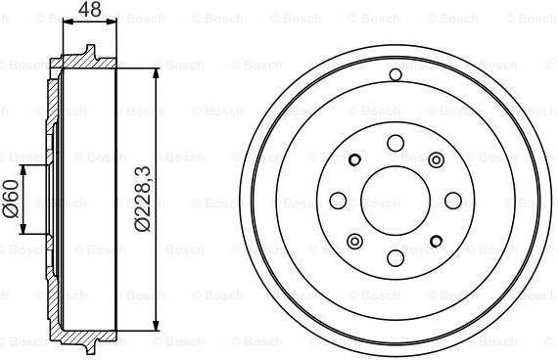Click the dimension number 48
point(90,10)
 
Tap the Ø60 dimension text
point(11,199)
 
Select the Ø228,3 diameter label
point(143,199)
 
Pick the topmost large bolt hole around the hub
point(395,143)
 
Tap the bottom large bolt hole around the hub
point(395,258)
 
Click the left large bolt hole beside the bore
point(338,201)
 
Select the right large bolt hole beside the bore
point(453,201)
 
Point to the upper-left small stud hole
point(354,160)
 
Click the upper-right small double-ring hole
point(436,160)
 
